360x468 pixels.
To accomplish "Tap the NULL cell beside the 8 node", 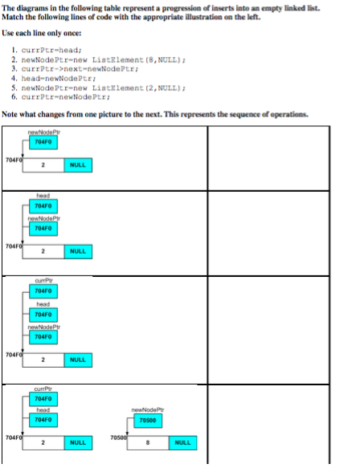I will coord(182,443).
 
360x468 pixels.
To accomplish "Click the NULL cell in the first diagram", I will coord(78,165).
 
